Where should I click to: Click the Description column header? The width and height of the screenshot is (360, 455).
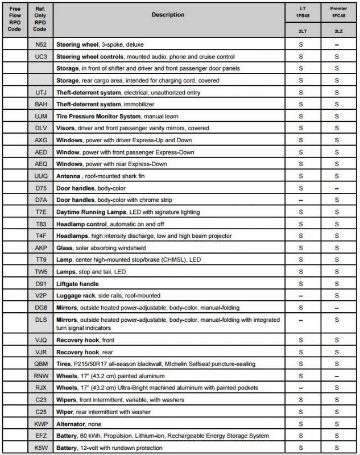click(x=168, y=15)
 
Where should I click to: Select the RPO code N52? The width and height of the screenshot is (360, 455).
click(x=40, y=44)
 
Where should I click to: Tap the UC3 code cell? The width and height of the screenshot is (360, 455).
click(x=40, y=56)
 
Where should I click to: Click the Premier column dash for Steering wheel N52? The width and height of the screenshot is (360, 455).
click(x=337, y=44)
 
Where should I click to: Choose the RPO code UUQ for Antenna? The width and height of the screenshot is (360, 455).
click(x=40, y=176)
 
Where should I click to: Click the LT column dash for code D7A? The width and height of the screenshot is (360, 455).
click(x=300, y=200)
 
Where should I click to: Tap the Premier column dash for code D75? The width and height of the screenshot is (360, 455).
click(x=337, y=188)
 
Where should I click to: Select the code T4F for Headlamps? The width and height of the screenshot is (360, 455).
click(x=40, y=236)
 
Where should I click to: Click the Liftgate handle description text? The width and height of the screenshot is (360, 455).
click(x=78, y=284)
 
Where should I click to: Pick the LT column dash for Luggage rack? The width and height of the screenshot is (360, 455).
click(x=300, y=296)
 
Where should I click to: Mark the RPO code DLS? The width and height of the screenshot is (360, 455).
click(x=40, y=320)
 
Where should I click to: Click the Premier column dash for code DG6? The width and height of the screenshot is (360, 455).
click(x=337, y=308)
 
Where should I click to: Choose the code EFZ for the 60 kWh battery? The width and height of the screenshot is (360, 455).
click(x=40, y=436)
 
